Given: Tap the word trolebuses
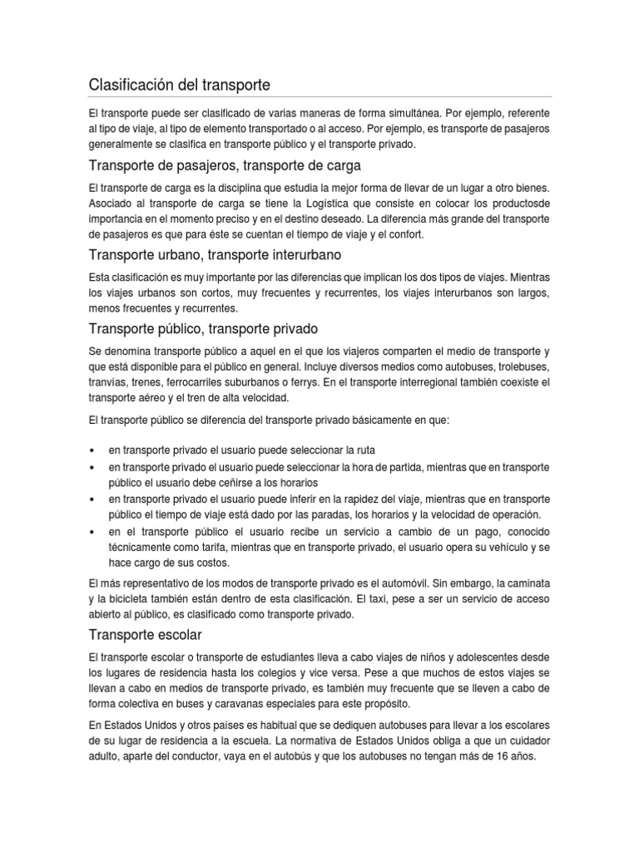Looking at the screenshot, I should [519, 366].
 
